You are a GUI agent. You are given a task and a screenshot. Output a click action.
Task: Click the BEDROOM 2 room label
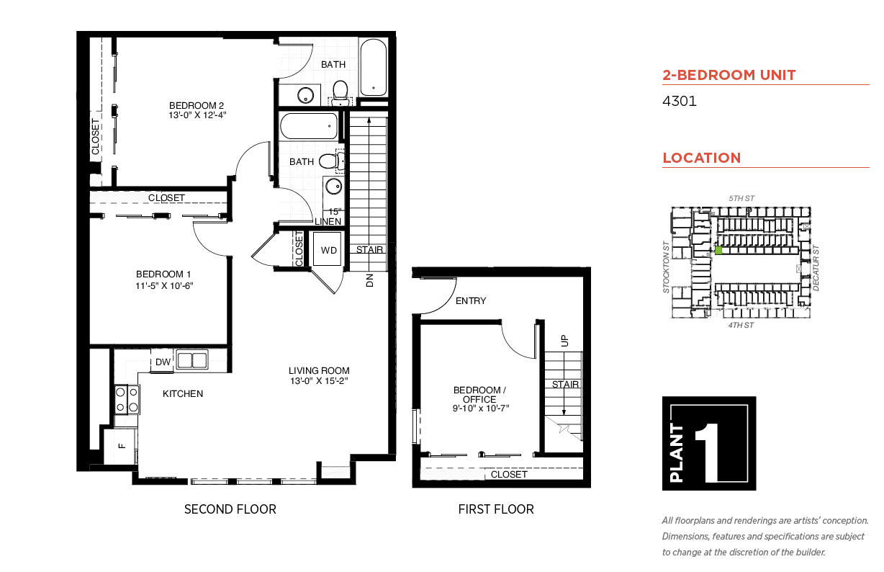197,105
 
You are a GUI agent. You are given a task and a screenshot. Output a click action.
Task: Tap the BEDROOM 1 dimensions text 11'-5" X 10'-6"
164,285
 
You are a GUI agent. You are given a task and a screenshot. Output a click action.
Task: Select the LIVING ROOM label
319,370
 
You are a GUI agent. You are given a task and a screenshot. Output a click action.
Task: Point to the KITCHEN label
183,393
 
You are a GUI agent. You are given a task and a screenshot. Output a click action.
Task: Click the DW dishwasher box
163,362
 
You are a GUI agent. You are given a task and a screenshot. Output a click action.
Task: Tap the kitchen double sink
191,360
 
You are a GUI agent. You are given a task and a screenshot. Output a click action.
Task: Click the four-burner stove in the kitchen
127,399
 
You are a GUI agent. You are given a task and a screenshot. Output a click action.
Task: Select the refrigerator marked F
120,447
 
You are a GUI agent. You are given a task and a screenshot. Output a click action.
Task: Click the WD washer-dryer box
328,249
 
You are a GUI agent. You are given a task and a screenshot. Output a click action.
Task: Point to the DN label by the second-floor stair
369,280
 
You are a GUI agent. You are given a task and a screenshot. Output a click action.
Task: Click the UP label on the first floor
564,341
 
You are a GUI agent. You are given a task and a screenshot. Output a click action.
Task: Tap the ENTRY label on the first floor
471,301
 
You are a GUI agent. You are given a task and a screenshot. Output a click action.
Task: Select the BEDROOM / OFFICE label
479,395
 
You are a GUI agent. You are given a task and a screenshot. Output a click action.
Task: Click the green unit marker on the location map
718,250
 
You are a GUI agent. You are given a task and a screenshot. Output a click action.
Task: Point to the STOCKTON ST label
666,267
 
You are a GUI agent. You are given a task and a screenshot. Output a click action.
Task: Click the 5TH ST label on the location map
741,198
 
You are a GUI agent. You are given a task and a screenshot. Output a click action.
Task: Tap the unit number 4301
679,102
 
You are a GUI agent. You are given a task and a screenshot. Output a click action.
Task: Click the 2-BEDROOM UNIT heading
729,75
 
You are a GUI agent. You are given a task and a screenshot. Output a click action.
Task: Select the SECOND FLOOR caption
230,509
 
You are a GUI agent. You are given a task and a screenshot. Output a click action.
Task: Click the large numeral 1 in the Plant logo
709,452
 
